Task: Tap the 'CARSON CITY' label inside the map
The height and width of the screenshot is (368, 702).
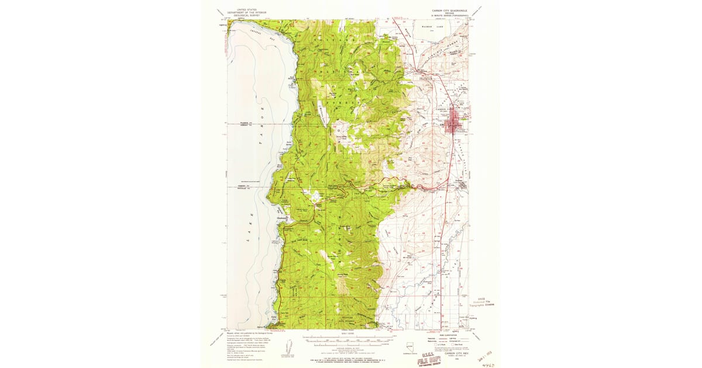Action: [x=446, y=109]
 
